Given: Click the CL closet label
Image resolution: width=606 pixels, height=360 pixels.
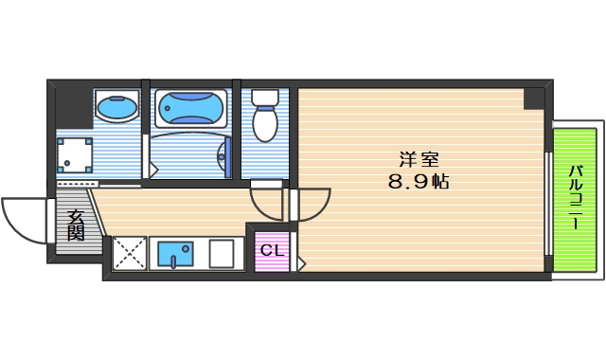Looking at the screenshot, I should pyautogui.click(x=272, y=251).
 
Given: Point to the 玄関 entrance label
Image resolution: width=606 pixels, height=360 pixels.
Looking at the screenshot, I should pyautogui.click(x=76, y=225).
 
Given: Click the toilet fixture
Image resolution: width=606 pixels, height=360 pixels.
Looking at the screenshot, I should pyautogui.click(x=264, y=117).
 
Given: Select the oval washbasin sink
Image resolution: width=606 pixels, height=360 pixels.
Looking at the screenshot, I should pyautogui.click(x=118, y=108).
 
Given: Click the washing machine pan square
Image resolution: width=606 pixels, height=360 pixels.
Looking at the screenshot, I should pyautogui.click(x=74, y=155).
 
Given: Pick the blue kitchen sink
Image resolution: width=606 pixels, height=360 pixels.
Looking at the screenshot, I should pyautogui.click(x=174, y=254).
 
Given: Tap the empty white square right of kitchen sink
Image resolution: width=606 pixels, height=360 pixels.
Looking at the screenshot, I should pyautogui.click(x=222, y=254).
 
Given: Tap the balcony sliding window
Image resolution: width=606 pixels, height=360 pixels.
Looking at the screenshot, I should pyautogui.click(x=548, y=202).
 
